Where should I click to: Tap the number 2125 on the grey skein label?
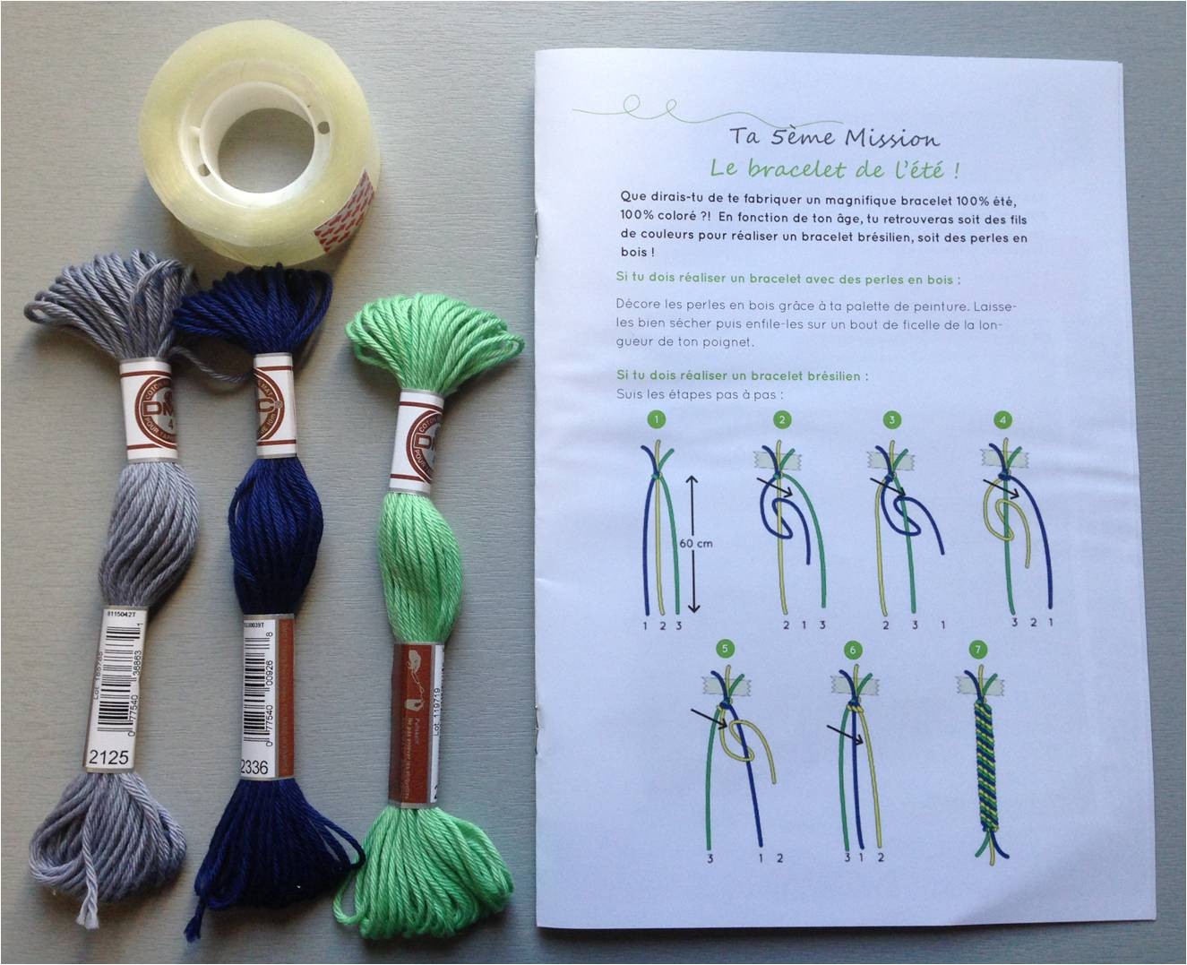(110, 758)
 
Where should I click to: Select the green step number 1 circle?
(658, 418)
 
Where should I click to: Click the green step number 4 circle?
(1003, 418)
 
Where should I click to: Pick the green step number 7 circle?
(977, 650)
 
